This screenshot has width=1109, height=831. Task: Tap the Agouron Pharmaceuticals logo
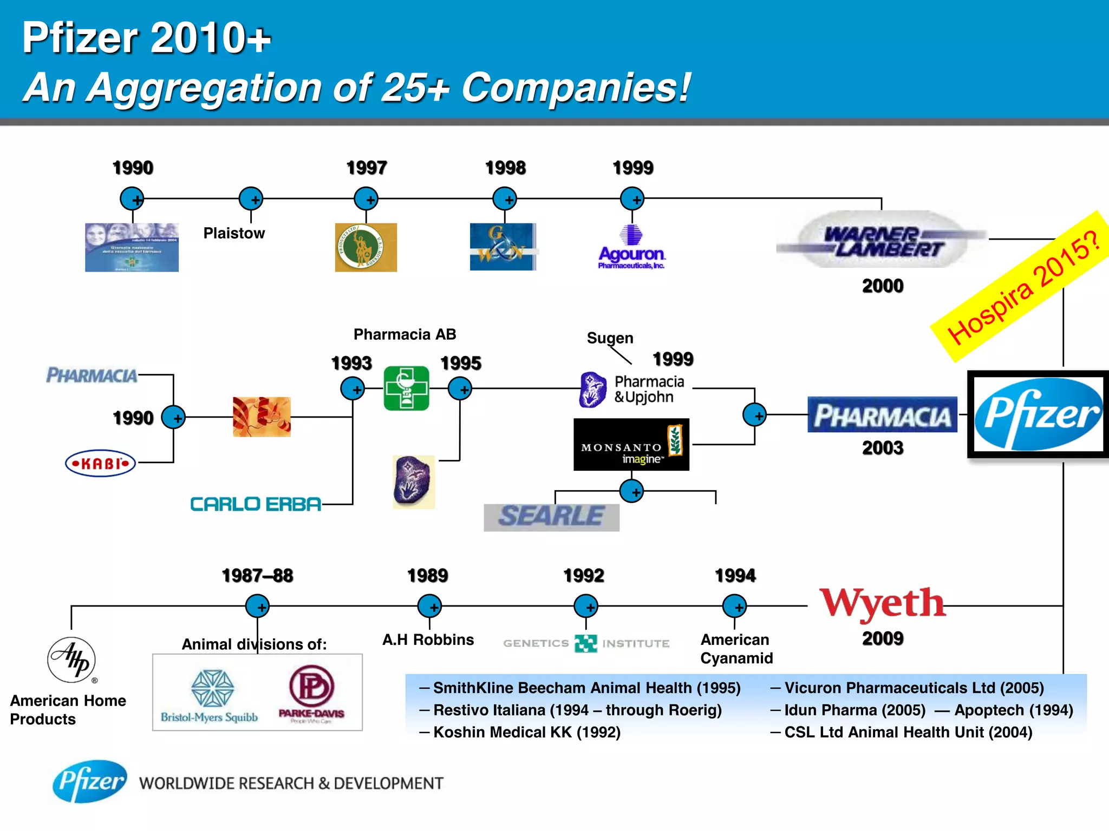point(631,248)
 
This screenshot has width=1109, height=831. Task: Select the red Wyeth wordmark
point(882,603)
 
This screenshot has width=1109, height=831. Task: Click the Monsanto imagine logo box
point(631,444)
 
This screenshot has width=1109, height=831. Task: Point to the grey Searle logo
point(551,517)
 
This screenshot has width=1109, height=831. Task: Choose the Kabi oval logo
point(100,463)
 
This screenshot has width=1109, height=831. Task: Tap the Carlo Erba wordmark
point(256,504)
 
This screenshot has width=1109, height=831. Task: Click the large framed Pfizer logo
point(1038,414)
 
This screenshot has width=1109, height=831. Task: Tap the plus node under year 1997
point(366,199)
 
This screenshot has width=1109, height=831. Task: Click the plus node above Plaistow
point(251,199)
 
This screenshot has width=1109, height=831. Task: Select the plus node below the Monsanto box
point(631,491)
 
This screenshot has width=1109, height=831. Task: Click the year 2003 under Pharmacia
point(883,448)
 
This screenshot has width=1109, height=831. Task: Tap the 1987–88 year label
point(257,576)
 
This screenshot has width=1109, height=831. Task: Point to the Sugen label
point(610,338)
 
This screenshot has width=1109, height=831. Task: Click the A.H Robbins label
point(428,639)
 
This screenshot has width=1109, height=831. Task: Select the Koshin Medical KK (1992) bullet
point(526,732)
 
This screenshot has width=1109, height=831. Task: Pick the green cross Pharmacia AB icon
point(407,388)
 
